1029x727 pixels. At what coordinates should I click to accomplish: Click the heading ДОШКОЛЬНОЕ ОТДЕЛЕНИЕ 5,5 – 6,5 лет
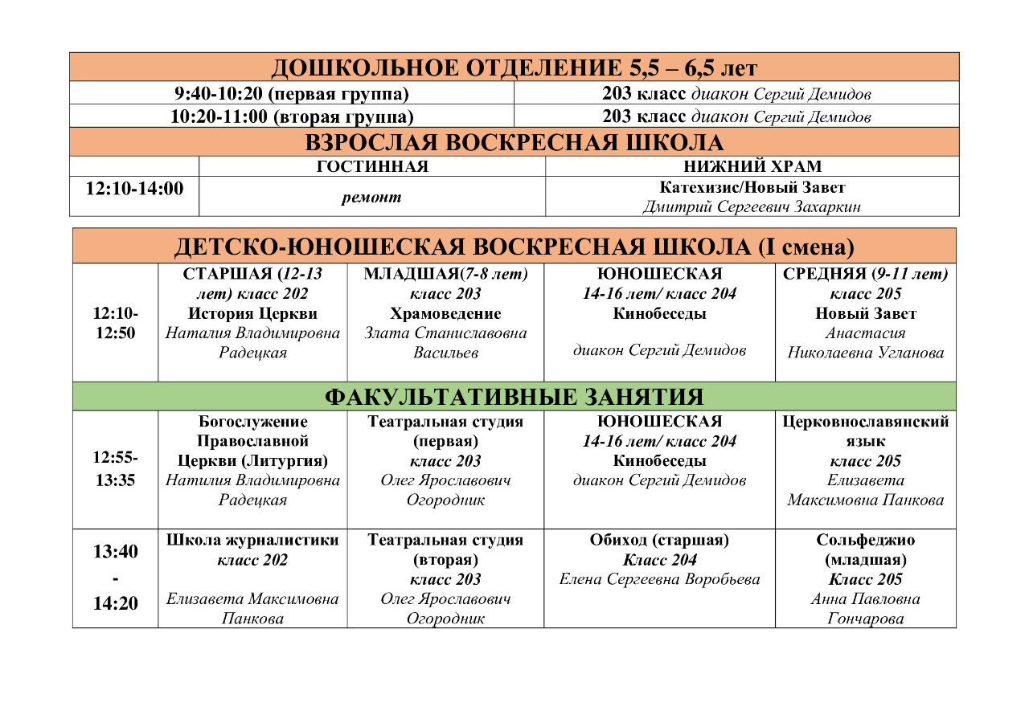[514, 67]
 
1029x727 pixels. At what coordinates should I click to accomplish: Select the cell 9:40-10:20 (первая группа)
[292, 94]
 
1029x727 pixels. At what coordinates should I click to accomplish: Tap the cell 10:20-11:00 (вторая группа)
[292, 116]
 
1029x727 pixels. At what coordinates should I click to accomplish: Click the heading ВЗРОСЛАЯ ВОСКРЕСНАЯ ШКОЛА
[514, 143]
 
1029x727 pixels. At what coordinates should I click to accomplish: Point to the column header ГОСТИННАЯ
[372, 167]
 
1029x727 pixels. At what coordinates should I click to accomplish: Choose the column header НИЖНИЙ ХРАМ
[752, 167]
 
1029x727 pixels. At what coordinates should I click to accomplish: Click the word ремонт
[371, 198]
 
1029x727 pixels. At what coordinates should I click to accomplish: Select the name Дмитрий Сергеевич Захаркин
[752, 207]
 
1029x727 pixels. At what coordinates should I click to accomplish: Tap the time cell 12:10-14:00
[134, 189]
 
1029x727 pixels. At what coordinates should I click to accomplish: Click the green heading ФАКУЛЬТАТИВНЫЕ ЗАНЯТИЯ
[514, 397]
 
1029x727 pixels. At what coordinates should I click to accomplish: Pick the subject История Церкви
[252, 313]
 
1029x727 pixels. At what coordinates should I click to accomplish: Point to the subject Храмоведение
[445, 313]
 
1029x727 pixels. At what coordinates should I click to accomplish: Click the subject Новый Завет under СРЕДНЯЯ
[866, 313]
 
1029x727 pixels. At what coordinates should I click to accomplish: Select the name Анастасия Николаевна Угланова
[866, 343]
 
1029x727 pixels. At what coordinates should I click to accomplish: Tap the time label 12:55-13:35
[115, 470]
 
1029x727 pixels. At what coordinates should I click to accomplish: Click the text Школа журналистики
[252, 541]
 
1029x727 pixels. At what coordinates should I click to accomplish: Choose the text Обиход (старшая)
[659, 541]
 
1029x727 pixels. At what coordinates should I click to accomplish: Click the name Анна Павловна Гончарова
[866, 609]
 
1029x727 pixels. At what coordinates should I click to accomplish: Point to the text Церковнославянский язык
[866, 431]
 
